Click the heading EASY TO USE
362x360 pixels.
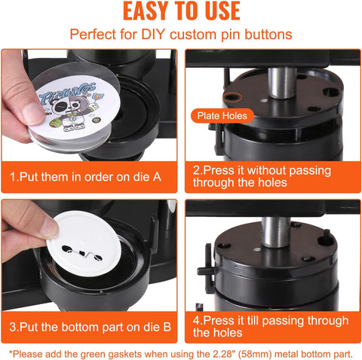coord(181,12)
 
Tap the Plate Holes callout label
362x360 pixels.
coord(222,116)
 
